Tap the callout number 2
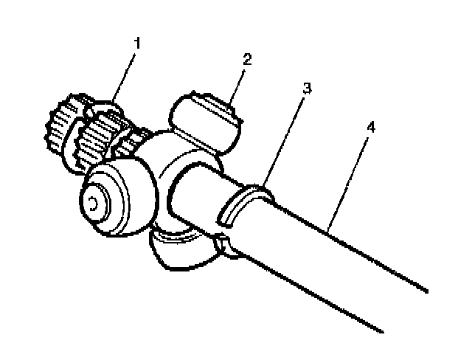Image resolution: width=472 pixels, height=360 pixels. click(247, 59)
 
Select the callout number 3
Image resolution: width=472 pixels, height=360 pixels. click(306, 88)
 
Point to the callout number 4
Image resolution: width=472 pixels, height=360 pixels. click(371, 126)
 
